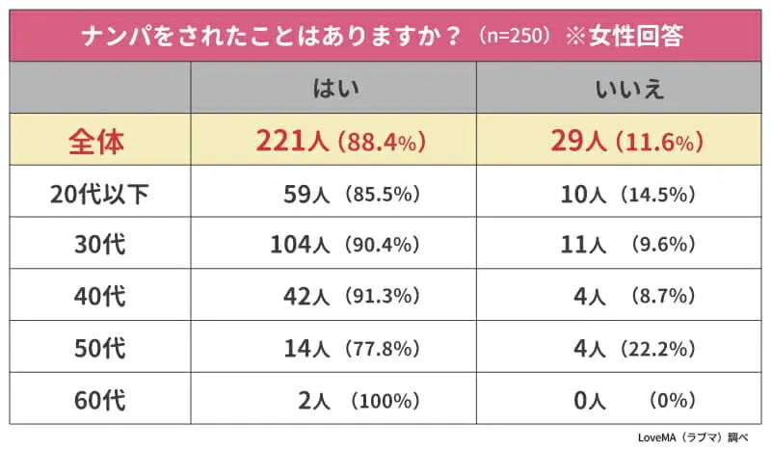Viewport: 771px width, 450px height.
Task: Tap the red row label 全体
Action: pos(96,143)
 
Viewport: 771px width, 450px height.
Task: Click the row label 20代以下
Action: pos(99,194)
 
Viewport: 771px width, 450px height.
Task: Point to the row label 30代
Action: pos(99,245)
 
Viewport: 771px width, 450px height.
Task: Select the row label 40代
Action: pos(99,296)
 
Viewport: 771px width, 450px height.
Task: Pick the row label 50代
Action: pos(99,347)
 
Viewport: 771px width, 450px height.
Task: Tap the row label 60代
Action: pos(99,398)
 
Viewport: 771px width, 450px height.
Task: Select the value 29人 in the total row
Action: pos(577,143)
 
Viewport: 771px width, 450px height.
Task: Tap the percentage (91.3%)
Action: pos(382,297)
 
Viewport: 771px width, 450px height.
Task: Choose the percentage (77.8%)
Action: pos(382,348)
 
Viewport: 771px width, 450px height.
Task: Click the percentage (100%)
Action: pos(385,399)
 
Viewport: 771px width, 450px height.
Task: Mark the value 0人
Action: pos(588,398)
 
